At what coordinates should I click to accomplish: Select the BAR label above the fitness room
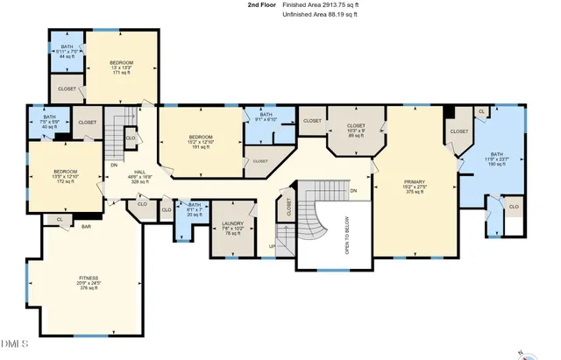coord(87,226)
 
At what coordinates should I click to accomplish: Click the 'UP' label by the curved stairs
coord(272,247)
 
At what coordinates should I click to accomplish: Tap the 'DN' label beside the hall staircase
coord(113,164)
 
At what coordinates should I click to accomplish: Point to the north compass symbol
coord(523,354)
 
